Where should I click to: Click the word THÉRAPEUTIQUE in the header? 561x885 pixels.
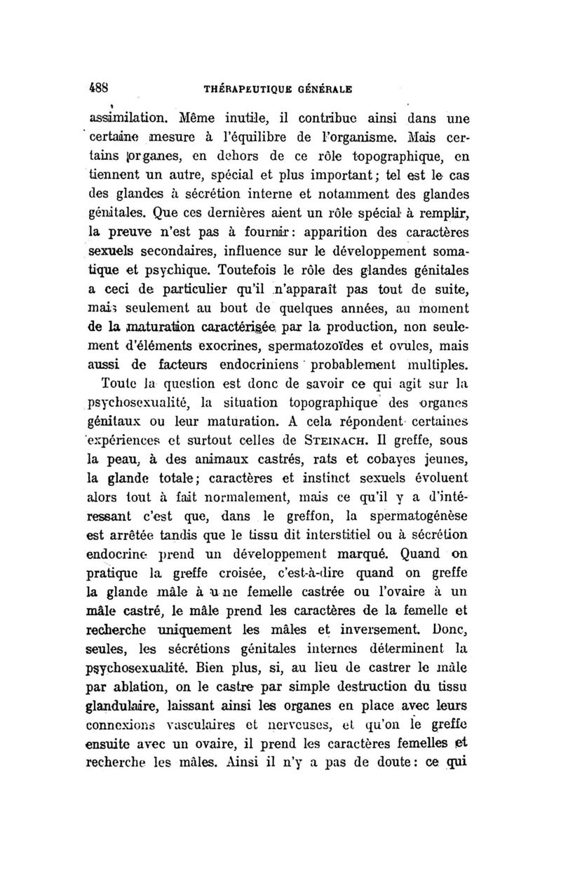245,90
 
